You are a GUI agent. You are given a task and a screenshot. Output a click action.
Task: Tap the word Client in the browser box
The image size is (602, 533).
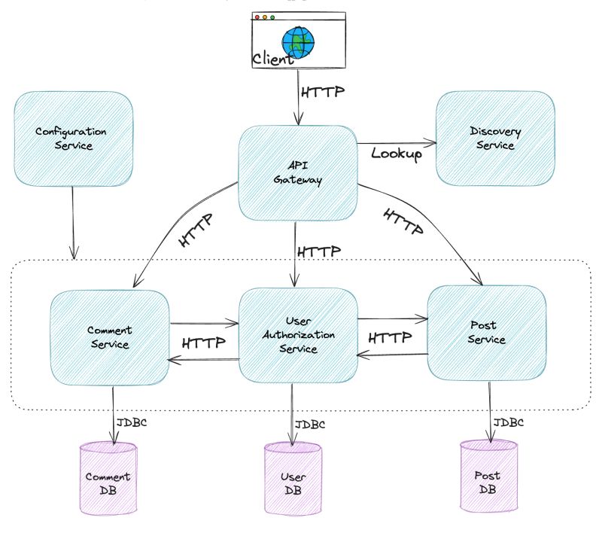pyautogui.click(x=272, y=59)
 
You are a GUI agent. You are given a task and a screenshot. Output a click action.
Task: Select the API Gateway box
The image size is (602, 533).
pyautogui.click(x=297, y=173)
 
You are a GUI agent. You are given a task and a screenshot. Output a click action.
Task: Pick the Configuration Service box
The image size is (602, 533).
pyautogui.click(x=73, y=139)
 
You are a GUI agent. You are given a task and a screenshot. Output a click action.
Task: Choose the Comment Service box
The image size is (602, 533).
pyautogui.click(x=109, y=337)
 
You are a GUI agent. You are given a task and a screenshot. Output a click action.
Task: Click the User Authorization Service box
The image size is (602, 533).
pyautogui.click(x=297, y=335)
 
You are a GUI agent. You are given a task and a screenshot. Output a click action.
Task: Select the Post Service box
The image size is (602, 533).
pyautogui.click(x=486, y=333)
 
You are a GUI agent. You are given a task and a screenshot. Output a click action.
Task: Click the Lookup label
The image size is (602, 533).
pyautogui.click(x=397, y=153)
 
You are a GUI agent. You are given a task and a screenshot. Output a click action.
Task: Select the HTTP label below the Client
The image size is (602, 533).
pyautogui.click(x=323, y=93)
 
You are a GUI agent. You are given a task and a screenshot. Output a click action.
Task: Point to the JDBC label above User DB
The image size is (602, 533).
pyautogui.click(x=311, y=425)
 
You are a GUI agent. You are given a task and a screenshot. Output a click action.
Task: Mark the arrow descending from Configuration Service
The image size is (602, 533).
pyautogui.click(x=73, y=222)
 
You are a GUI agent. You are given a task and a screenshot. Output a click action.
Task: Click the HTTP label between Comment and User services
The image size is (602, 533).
pyautogui.click(x=204, y=343)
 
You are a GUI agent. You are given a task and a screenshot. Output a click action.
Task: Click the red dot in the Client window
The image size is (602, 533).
pyautogui.click(x=257, y=17)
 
